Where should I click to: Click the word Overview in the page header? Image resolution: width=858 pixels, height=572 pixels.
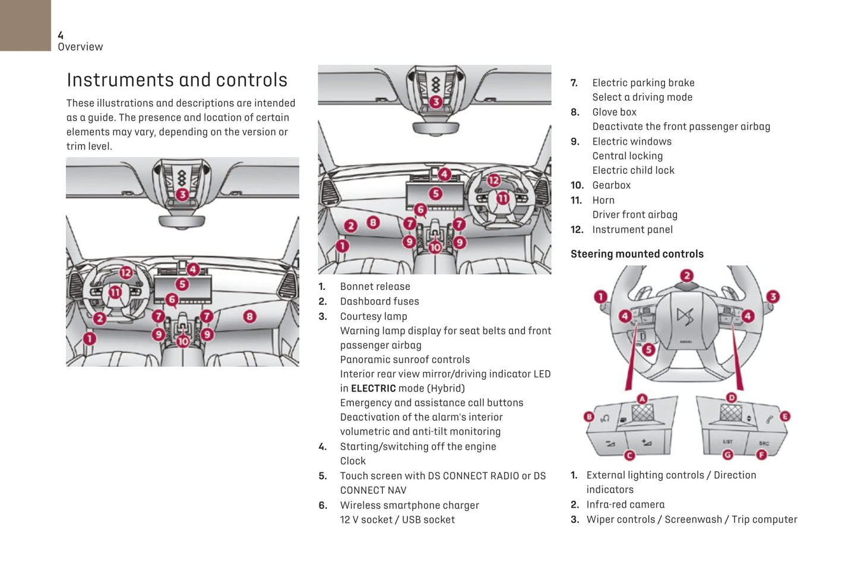pyautogui.click(x=80, y=47)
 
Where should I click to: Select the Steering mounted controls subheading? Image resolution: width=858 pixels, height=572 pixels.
pyautogui.click(x=637, y=254)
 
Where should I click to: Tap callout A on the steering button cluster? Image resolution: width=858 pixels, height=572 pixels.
pyautogui.click(x=642, y=399)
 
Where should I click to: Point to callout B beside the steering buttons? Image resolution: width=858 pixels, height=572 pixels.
pyautogui.click(x=589, y=417)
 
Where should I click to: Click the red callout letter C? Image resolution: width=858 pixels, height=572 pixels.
pyautogui.click(x=629, y=455)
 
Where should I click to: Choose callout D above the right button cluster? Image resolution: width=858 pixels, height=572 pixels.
pyautogui.click(x=732, y=398)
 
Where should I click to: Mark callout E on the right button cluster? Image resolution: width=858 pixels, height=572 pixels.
pyautogui.click(x=785, y=417)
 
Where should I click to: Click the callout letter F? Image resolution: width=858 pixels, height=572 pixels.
pyautogui.click(x=761, y=455)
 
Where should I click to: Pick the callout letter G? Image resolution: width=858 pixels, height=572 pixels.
pyautogui.click(x=727, y=455)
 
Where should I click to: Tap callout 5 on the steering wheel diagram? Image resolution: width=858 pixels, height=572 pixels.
pyautogui.click(x=648, y=349)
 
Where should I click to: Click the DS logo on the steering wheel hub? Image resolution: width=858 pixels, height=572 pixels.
pyautogui.click(x=685, y=316)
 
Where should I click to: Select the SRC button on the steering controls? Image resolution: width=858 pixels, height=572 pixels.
pyautogui.click(x=764, y=443)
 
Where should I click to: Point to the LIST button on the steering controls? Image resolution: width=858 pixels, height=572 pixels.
pyautogui.click(x=727, y=441)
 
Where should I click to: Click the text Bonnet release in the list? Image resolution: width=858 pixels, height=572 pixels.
pyautogui.click(x=375, y=287)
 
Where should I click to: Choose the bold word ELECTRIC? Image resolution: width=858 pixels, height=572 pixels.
pyautogui.click(x=373, y=389)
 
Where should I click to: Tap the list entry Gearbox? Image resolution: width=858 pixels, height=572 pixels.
pyautogui.click(x=611, y=185)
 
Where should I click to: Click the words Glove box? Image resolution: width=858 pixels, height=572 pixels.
pyautogui.click(x=614, y=112)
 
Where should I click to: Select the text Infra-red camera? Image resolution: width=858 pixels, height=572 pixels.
pyautogui.click(x=625, y=504)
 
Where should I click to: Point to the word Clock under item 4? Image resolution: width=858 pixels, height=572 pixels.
pyautogui.click(x=353, y=461)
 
